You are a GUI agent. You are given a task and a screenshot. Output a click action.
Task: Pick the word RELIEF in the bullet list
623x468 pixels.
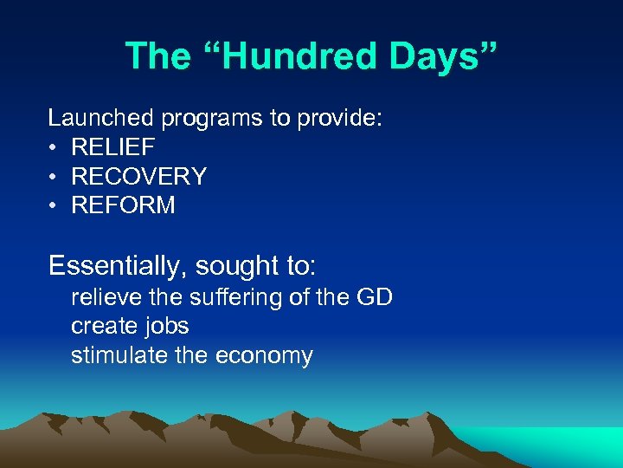(x=112, y=148)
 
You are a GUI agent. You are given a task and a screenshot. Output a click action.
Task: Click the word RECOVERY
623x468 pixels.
(x=138, y=177)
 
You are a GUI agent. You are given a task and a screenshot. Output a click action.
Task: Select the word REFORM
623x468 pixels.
(x=123, y=205)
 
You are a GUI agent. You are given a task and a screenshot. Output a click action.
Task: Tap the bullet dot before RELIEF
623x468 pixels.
(x=54, y=148)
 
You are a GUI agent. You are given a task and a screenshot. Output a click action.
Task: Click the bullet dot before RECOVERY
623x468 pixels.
(x=54, y=177)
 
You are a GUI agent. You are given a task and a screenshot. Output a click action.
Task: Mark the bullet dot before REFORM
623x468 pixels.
(x=54, y=205)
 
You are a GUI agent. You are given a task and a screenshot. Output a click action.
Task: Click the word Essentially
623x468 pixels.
(x=116, y=265)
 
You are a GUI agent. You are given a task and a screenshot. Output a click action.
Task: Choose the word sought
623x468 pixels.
(x=248, y=265)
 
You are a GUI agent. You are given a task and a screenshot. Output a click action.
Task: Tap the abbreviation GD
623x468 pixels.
(x=374, y=298)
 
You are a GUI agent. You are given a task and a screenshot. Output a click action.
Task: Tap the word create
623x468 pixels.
(x=104, y=327)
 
